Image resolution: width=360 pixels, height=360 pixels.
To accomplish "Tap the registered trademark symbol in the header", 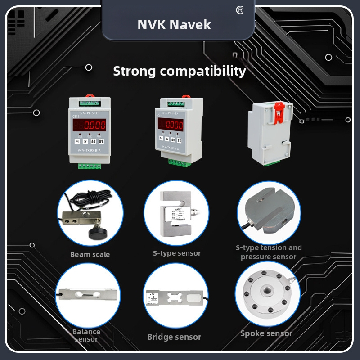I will pyautogui.click(x=239, y=9).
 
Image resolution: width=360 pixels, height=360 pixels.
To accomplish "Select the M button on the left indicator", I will pyautogui.click(x=77, y=141).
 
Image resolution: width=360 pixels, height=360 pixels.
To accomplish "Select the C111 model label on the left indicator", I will pyautogui.click(x=76, y=116).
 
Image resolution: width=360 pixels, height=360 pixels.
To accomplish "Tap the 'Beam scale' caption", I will pyautogui.click(x=90, y=255).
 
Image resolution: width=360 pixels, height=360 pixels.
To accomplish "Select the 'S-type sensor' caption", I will pyautogui.click(x=176, y=253).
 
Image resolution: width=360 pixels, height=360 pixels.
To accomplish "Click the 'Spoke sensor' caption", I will pyautogui.click(x=266, y=333).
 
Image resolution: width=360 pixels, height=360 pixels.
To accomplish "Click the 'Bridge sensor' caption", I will pyautogui.click(x=174, y=337).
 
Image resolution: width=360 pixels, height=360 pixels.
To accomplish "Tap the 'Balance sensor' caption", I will pyautogui.click(x=86, y=335).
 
